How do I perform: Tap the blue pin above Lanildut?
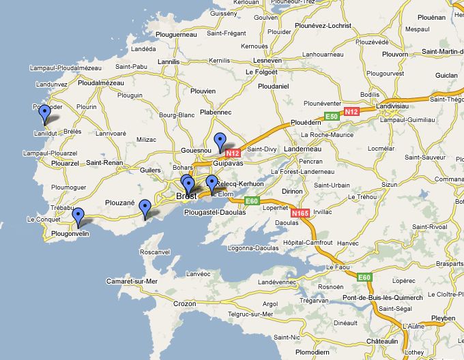45,113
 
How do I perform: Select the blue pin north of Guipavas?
220,140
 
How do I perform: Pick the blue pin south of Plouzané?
145,207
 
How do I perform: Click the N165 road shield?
300,213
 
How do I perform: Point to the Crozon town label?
184,303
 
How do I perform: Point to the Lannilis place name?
168,61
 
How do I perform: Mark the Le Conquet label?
40,220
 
